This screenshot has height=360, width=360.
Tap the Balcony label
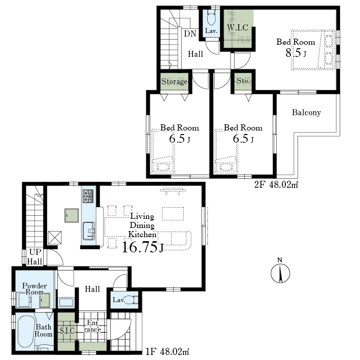click(x=306, y=113)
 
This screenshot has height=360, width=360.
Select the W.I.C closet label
click(x=238, y=27)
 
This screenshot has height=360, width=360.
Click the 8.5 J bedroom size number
click(x=296, y=53)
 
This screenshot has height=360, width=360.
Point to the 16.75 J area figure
click(x=143, y=247)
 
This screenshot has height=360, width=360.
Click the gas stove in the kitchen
click(x=88, y=196)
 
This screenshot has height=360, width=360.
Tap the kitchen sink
click(x=89, y=231)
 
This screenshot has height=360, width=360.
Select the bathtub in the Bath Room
click(x=26, y=332)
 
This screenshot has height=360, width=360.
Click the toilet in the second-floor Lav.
click(x=211, y=18)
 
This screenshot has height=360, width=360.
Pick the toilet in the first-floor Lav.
click(x=132, y=300)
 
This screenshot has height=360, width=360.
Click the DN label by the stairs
click(x=190, y=34)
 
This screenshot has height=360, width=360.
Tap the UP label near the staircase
click(x=35, y=252)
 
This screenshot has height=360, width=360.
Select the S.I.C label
click(x=67, y=331)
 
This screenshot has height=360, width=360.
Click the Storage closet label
click(x=174, y=82)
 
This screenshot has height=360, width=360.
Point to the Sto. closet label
click(x=243, y=81)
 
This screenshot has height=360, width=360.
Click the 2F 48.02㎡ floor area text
click(x=276, y=185)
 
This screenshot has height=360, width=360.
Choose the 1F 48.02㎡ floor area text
click(x=167, y=351)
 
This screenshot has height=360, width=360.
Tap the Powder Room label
click(x=35, y=289)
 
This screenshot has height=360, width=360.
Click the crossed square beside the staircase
click(x=55, y=238)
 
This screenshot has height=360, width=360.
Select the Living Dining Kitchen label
click(x=142, y=225)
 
